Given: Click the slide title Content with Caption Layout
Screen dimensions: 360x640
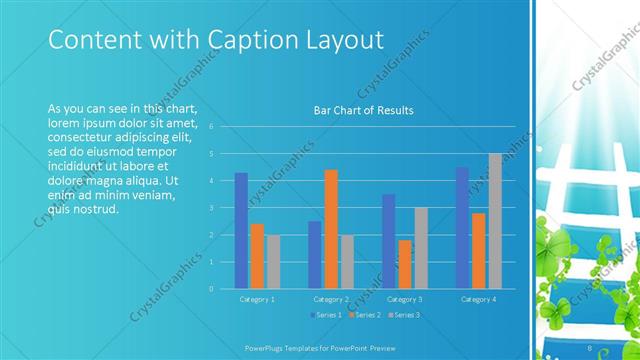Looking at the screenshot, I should (202, 40).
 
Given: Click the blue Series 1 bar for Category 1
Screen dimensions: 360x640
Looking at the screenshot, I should (241, 230).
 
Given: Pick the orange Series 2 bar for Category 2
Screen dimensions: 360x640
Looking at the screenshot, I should (331, 229).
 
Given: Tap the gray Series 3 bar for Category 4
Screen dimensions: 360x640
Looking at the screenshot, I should (495, 221).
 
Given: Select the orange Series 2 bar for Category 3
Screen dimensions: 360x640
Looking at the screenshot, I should (404, 264).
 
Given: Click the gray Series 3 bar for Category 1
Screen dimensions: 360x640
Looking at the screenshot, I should (273, 261).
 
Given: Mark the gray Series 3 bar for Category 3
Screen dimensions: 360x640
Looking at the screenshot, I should (420, 248).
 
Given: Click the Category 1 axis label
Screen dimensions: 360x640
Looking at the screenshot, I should (257, 299).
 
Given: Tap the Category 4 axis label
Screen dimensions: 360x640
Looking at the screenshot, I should (478, 299).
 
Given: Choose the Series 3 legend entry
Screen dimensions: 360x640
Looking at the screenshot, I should (402, 315).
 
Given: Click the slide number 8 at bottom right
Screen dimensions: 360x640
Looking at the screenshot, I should (590, 347).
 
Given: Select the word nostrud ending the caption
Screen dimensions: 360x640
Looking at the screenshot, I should (98, 209).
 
